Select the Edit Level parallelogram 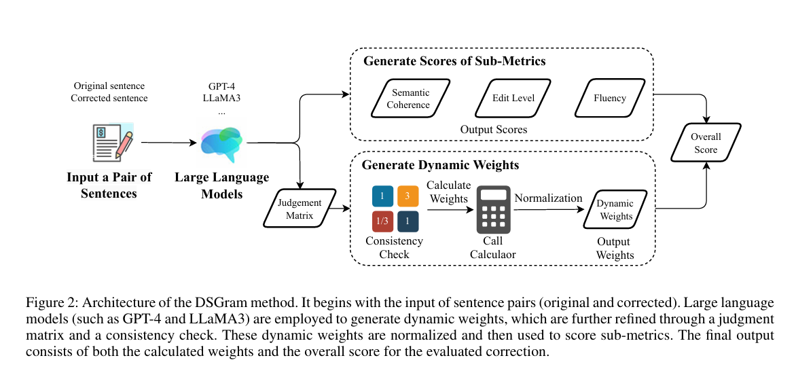[x=513, y=98]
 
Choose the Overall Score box [x=706, y=143]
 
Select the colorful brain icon [x=223, y=141]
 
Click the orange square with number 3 [x=408, y=196]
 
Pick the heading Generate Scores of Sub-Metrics [x=454, y=61]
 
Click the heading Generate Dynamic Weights [x=431, y=165]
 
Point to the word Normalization [x=548, y=198]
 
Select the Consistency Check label [x=394, y=248]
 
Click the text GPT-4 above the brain [x=221, y=87]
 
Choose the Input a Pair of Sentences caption [x=109, y=185]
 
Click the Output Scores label [x=493, y=129]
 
